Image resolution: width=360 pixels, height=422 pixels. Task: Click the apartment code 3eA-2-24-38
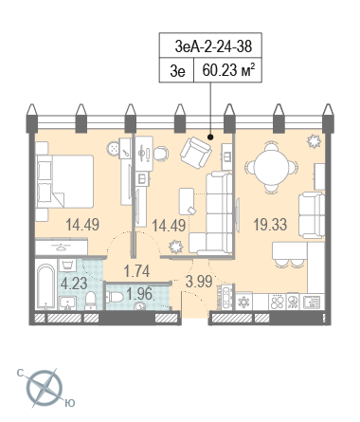[213, 46]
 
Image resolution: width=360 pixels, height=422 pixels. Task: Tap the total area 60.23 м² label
[228, 70]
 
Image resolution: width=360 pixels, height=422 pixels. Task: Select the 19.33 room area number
[270, 225]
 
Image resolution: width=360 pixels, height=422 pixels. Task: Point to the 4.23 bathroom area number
[74, 284]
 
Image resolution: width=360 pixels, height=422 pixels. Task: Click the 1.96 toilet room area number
[139, 294]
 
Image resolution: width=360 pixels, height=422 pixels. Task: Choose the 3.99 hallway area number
[199, 282]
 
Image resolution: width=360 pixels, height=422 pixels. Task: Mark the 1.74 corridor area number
[136, 271]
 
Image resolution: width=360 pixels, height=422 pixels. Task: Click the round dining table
[271, 167]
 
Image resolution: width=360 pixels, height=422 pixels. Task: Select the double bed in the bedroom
[64, 181]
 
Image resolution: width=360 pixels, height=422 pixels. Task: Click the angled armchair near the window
[196, 153]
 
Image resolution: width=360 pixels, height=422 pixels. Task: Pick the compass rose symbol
[45, 388]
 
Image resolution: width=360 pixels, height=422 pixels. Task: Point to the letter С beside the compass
[21, 374]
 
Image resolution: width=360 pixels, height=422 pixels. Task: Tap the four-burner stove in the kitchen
[277, 302]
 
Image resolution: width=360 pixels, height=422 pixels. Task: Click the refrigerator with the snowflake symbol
[244, 302]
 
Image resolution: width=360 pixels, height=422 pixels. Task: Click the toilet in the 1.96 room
[115, 297]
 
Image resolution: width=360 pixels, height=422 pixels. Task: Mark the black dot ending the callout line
[210, 138]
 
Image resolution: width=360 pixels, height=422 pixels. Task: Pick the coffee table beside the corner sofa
[187, 201]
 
